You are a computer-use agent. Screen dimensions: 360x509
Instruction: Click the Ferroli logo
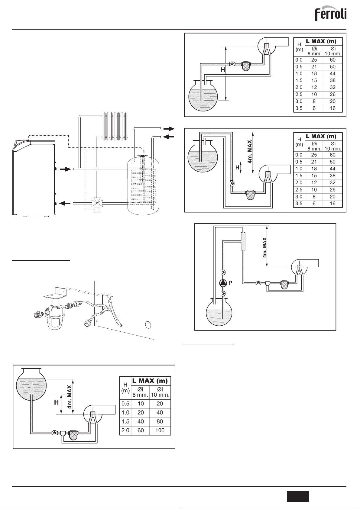coord(331,14)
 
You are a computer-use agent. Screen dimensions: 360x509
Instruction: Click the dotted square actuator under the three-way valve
coord(97,210)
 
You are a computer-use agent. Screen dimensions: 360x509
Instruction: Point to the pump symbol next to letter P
coord(223,283)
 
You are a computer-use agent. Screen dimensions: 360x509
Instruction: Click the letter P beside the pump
coord(230,283)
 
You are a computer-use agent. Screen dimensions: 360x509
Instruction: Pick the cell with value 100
coord(160,430)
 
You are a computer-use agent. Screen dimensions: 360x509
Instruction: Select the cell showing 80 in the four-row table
coord(160,421)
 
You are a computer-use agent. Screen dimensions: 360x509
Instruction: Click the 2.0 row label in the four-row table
coord(125,430)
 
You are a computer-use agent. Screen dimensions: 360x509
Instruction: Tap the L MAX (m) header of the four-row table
coord(150,381)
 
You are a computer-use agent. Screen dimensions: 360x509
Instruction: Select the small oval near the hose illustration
coord(148,325)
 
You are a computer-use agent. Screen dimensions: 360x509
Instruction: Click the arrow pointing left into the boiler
coord(65,203)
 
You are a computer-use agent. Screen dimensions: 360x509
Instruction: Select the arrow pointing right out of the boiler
coord(65,169)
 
